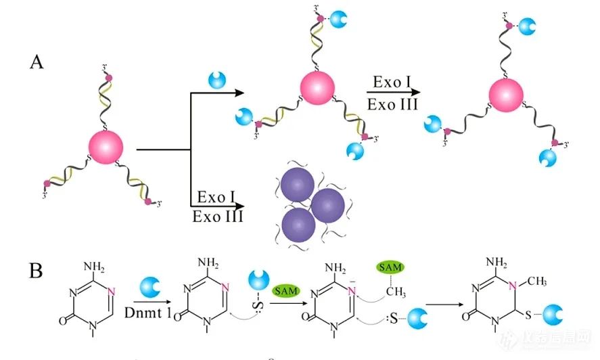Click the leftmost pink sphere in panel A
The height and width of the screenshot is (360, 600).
(106, 147)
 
